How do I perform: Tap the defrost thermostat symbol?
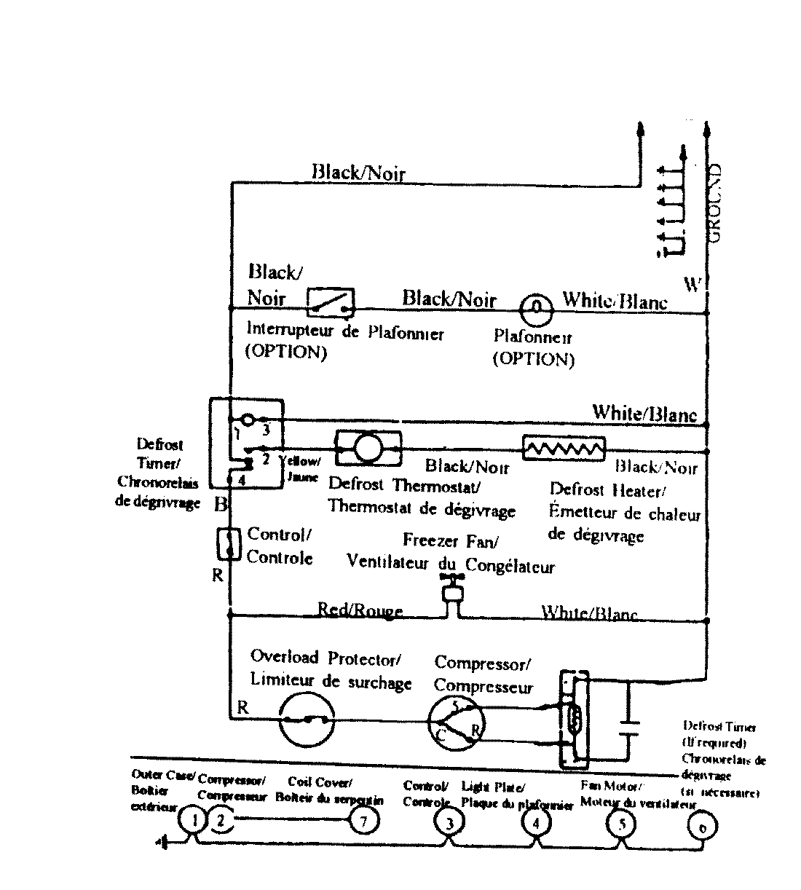[368, 447]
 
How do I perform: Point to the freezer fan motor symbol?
[453, 591]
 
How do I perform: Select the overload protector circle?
[307, 719]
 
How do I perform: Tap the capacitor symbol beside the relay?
[628, 725]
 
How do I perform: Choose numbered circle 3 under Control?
[449, 823]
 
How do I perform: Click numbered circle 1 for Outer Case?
[194, 822]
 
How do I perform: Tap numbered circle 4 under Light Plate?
[536, 824]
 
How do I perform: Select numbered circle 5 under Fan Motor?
[621, 824]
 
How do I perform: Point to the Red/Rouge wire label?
[360, 610]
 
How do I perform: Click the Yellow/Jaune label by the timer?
[299, 466]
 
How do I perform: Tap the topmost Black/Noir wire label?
[358, 173]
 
